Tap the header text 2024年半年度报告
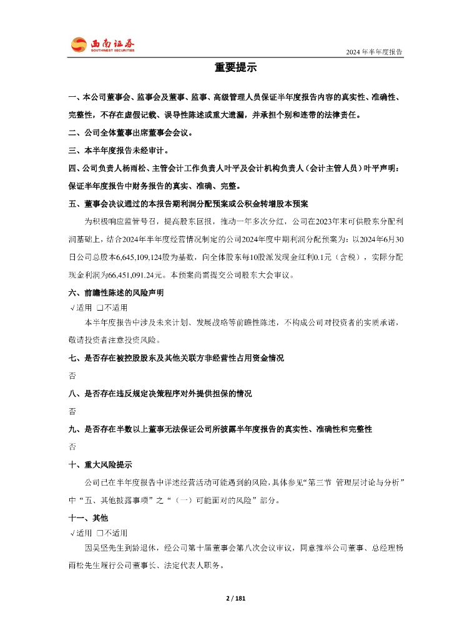point(374,52)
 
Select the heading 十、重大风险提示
point(100,465)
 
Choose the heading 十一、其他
point(88,518)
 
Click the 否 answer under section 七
point(72,376)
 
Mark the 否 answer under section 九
point(72,447)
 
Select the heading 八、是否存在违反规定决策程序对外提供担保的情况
point(160,394)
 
